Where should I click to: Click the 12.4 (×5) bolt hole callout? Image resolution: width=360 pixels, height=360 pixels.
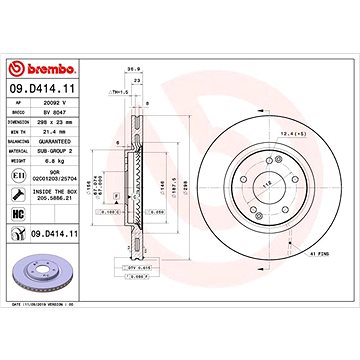(x=294, y=131)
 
